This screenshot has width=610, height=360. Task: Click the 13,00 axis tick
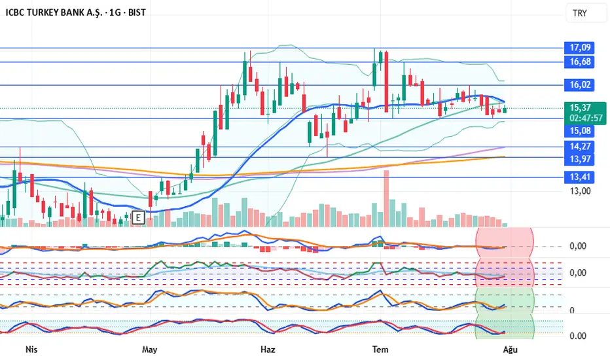pyautogui.click(x=581, y=191)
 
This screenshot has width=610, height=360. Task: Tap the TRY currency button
pyautogui.click(x=579, y=13)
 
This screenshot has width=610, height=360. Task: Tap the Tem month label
pyautogui.click(x=380, y=349)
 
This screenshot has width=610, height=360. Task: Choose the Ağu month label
pyautogui.click(x=511, y=349)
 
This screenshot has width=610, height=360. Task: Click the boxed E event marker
pyautogui.click(x=138, y=217)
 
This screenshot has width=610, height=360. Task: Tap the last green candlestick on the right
pyautogui.click(x=505, y=109)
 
